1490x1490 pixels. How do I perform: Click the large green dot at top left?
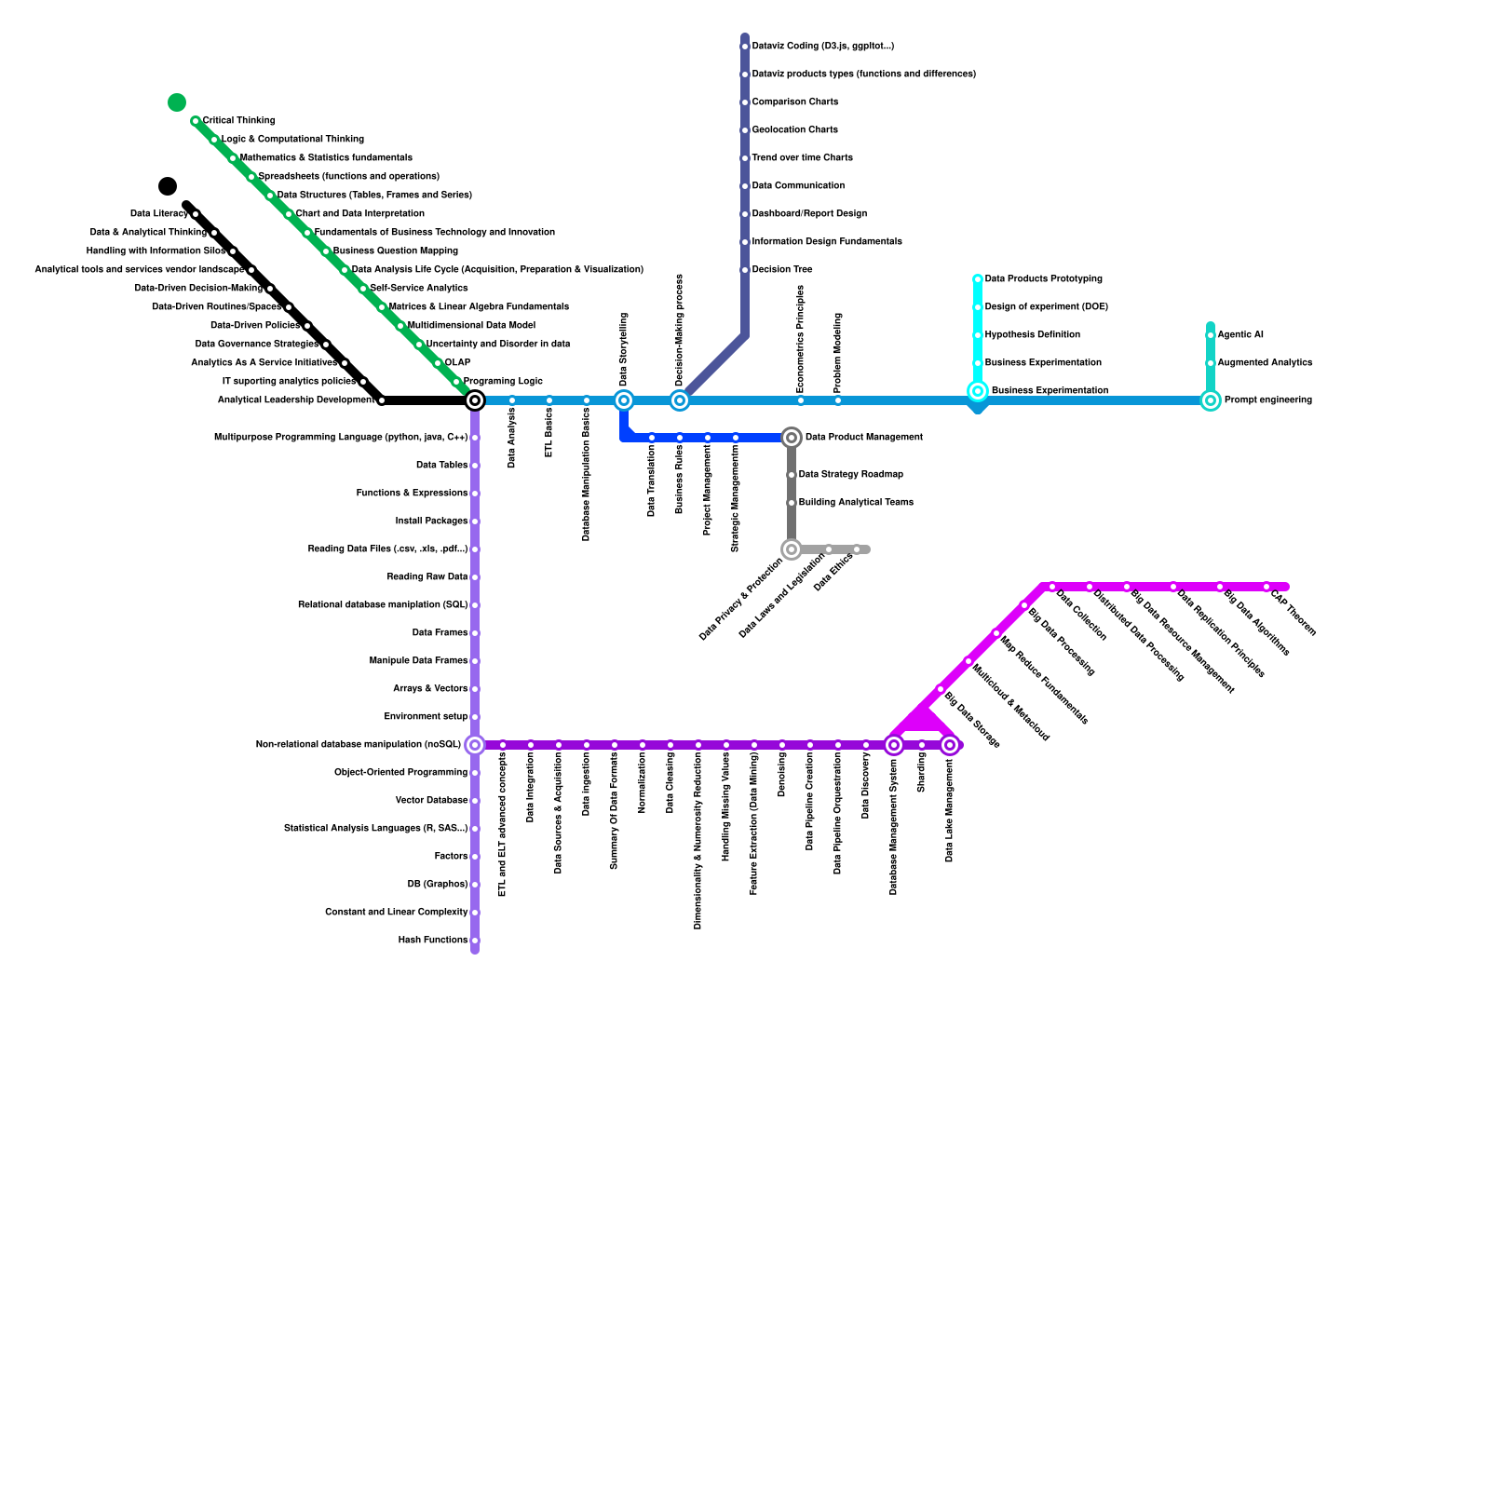pos(177,102)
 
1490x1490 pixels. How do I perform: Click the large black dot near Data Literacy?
pos(168,186)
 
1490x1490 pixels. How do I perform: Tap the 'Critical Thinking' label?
pos(238,121)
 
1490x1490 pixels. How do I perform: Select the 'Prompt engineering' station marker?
pos(1211,400)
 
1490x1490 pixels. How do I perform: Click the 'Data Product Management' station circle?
pos(792,438)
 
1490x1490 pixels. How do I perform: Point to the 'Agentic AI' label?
pos(1240,335)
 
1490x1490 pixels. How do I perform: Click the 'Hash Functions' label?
pos(432,941)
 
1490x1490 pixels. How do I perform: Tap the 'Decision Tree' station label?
pos(782,270)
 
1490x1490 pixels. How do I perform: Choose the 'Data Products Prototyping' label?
pos(1043,279)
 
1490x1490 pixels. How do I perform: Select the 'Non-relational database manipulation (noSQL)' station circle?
pos(475,745)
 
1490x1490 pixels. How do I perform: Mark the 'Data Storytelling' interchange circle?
pos(624,400)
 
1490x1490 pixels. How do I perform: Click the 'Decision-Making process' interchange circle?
pos(680,400)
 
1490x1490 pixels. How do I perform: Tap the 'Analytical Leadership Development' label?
pos(296,400)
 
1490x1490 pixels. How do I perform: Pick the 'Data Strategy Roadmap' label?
pos(850,475)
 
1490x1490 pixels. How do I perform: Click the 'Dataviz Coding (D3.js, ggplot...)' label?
pos(822,47)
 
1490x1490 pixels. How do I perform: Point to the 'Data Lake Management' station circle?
pos(950,745)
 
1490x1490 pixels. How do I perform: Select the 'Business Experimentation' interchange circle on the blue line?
pos(978,392)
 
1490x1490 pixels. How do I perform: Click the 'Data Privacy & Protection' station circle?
pos(792,549)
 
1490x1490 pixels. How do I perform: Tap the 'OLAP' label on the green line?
pos(457,363)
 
